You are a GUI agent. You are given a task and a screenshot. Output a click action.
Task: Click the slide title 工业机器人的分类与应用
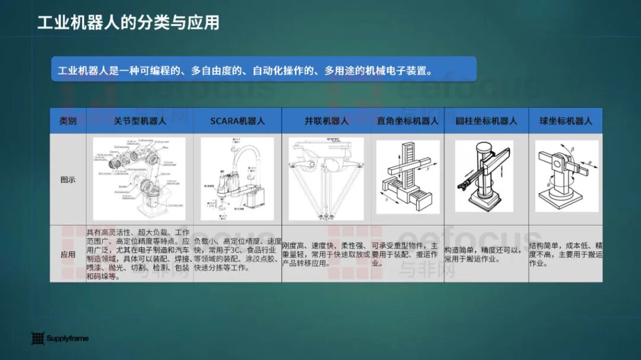[x=128, y=23]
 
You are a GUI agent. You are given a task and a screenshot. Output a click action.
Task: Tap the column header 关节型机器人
[x=140, y=121]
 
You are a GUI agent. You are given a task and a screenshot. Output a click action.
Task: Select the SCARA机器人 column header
[x=237, y=121]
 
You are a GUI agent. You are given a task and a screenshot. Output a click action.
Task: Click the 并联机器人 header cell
[x=326, y=121]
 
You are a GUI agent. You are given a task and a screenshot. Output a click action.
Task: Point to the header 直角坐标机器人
[x=408, y=121]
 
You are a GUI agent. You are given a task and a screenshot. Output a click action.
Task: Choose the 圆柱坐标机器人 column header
[x=486, y=121]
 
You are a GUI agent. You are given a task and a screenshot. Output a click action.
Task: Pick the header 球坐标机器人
[x=566, y=121]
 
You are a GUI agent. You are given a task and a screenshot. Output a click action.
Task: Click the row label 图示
[x=68, y=180]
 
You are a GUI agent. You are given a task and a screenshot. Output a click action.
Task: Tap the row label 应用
[x=68, y=254]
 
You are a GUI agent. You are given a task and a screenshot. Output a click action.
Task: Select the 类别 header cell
[x=68, y=121]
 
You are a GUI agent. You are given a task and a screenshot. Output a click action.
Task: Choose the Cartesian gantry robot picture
[x=408, y=177]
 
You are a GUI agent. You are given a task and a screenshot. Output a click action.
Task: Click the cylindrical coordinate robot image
[x=484, y=176]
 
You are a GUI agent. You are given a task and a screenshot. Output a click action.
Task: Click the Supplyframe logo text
[x=68, y=339]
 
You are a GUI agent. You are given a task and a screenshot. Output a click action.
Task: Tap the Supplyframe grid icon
[x=38, y=339]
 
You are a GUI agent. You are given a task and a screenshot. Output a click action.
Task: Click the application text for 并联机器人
[x=326, y=254]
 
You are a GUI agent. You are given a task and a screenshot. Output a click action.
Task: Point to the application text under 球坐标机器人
[x=566, y=254]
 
